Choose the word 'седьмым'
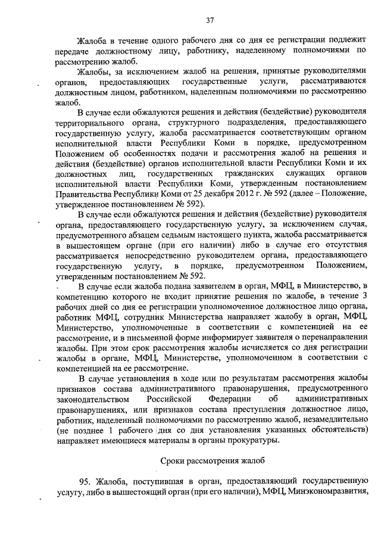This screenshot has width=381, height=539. pyautogui.click(x=173, y=235)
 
